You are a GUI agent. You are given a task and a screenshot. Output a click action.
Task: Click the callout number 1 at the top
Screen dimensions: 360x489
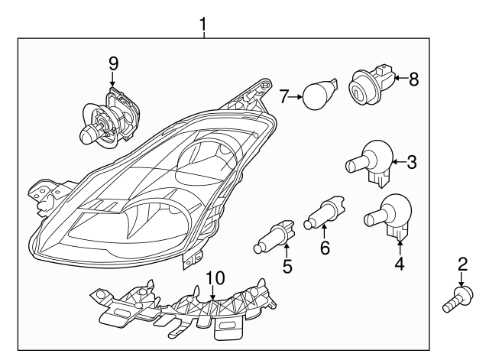click(203, 24)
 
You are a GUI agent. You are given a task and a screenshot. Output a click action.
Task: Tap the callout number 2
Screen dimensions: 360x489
click(461, 265)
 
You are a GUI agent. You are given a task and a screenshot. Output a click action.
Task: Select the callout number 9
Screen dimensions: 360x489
click(112, 62)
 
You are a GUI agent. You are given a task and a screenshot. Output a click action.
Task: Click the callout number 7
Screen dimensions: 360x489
click(283, 97)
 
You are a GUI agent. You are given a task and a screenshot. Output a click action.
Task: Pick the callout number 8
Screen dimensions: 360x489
click(413, 78)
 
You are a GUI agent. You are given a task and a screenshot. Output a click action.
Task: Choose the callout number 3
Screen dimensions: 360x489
click(411, 161)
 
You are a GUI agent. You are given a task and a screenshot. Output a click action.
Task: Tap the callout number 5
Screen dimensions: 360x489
click(287, 266)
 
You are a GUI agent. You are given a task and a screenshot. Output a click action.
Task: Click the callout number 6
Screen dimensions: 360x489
click(324, 248)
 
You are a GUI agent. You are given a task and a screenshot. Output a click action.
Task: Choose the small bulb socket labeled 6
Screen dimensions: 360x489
click(324, 214)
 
